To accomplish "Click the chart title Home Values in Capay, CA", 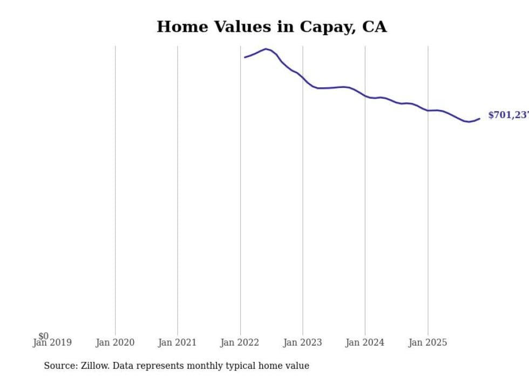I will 272,27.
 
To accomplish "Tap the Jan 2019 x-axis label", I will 52,342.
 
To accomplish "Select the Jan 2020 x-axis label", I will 115,342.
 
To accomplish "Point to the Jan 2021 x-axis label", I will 178,342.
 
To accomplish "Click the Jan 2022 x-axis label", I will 240,342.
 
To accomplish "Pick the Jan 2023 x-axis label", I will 302,342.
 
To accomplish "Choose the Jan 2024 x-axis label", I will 365,342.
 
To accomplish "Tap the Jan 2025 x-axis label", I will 428,342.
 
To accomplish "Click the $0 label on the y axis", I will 43,336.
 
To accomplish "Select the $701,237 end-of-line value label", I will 507,115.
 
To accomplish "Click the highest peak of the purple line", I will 266,49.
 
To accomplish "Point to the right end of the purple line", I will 479,119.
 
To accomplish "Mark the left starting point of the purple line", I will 245,57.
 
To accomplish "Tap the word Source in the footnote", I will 60,366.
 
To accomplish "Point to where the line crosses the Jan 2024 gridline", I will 365,96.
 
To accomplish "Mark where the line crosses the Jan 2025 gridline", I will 428,111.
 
